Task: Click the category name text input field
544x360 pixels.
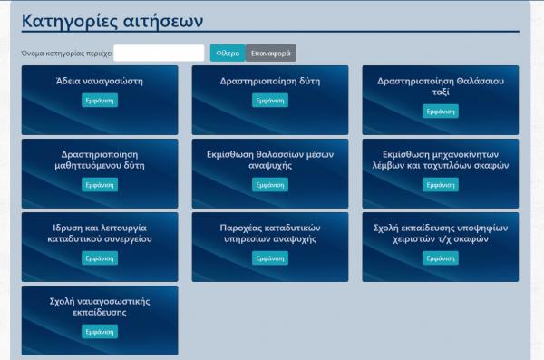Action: [x=160, y=53]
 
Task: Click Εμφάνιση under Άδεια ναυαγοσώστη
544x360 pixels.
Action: [x=100, y=101]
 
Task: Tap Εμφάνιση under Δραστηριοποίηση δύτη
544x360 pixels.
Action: [x=270, y=101]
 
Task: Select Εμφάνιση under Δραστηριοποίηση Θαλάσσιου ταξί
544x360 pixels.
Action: [x=441, y=112]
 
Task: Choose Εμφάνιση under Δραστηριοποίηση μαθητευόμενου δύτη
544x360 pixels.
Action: [x=100, y=184]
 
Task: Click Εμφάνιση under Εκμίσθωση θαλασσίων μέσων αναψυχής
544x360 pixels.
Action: [x=270, y=184]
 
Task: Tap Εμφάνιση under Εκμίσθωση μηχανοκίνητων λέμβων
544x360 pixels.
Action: [x=441, y=184]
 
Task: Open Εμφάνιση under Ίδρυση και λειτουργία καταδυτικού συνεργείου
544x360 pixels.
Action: [x=100, y=258]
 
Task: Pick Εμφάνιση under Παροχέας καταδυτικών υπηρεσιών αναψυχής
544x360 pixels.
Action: [x=270, y=258]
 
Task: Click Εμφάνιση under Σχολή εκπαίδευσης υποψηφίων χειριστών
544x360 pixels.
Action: [x=441, y=258]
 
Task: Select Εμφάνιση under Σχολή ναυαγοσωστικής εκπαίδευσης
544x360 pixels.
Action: [x=100, y=331]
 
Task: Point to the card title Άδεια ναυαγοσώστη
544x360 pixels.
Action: [x=100, y=81]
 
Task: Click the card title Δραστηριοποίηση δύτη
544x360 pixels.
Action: [x=270, y=81]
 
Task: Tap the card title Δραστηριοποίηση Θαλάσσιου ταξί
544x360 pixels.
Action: [x=441, y=86]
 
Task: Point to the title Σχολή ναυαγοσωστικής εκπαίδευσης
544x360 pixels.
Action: [x=100, y=306]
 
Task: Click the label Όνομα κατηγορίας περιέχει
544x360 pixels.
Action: [x=65, y=54]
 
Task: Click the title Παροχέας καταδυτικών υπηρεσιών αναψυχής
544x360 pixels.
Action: [x=270, y=233]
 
